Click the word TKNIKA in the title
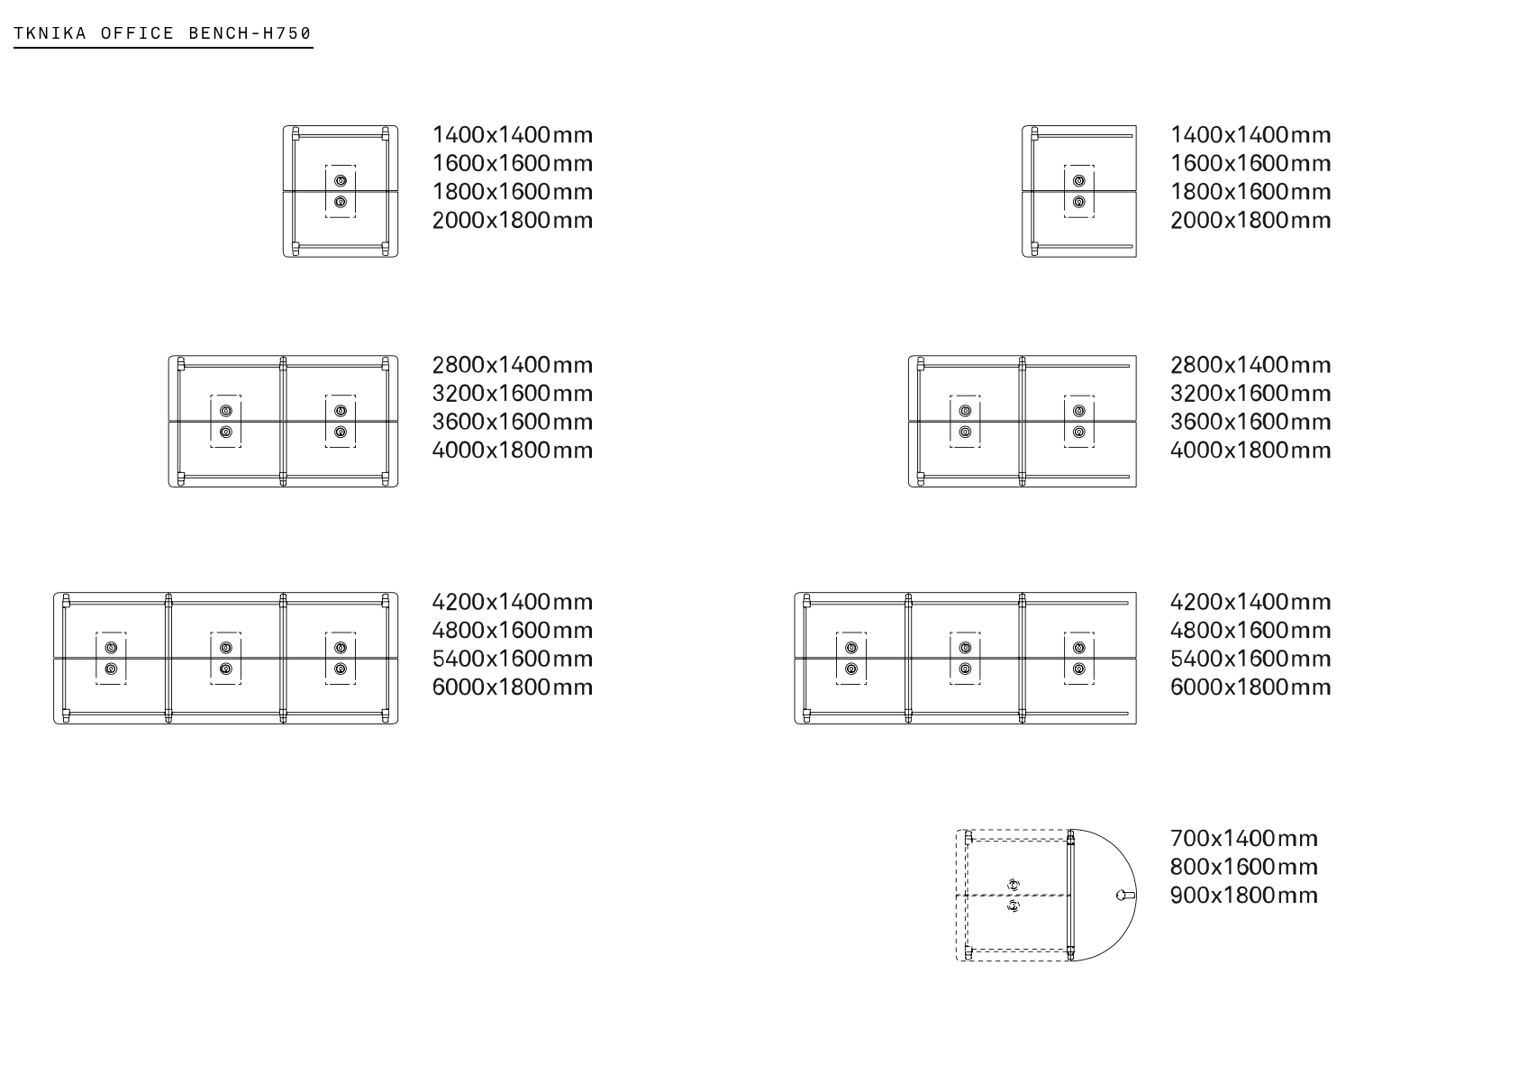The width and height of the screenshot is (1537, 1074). [50, 34]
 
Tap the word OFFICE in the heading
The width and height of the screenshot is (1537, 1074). [137, 34]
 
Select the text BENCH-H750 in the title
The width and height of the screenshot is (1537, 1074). [250, 34]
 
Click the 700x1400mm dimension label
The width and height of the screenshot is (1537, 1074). [1243, 839]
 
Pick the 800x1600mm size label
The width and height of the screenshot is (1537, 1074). [1243, 867]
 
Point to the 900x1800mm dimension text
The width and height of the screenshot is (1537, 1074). [1243, 896]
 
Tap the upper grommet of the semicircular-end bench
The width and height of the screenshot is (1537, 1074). [1014, 885]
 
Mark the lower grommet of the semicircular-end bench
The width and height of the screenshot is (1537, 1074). [1014, 905]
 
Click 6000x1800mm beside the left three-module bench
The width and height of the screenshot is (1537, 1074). [513, 687]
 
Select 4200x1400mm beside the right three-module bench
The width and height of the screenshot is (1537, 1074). [1251, 602]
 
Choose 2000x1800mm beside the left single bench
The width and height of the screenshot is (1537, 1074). [513, 221]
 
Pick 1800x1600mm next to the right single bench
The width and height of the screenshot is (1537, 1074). [1251, 192]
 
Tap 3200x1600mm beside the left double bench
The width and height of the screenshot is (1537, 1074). [513, 394]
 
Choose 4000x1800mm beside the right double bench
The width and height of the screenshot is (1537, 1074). [1251, 451]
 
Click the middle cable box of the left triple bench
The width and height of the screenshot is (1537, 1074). [226, 658]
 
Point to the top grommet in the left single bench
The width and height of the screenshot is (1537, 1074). [341, 181]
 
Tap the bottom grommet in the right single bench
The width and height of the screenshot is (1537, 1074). [1079, 202]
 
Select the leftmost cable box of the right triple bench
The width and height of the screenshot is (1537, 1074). [851, 658]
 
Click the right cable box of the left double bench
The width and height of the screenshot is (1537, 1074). [341, 421]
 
